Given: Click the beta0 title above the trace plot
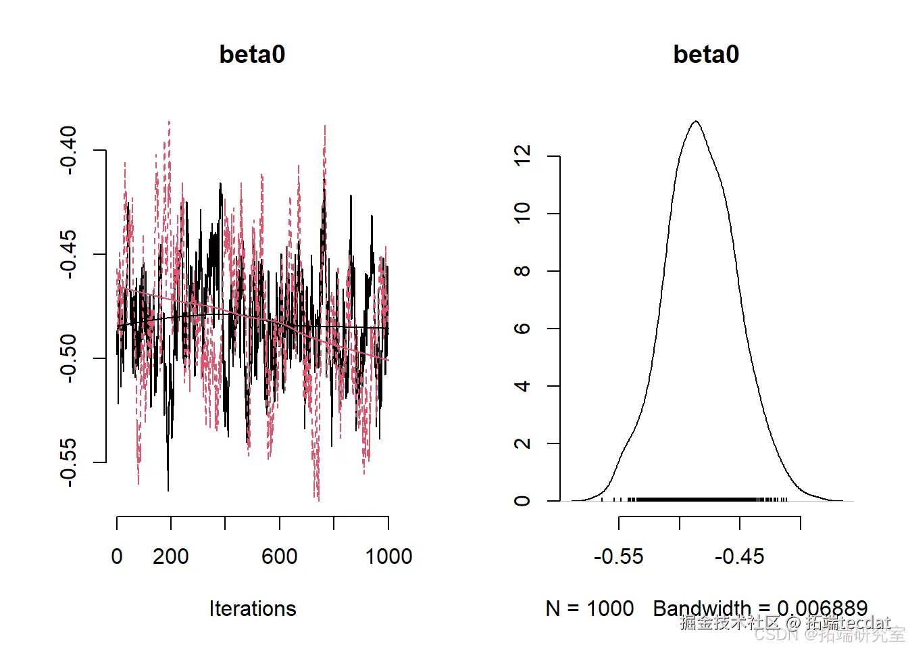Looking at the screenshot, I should pyautogui.click(x=252, y=54).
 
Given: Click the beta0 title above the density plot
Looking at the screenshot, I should pyautogui.click(x=706, y=54).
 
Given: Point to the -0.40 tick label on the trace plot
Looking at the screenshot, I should pyautogui.click(x=68, y=150).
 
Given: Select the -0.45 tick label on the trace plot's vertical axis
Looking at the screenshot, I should pyautogui.click(x=68, y=254).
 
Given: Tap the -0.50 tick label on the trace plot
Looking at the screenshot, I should pyautogui.click(x=68, y=358).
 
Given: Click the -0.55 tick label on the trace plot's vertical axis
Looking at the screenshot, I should pyautogui.click(x=68, y=462).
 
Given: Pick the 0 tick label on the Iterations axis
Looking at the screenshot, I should pyautogui.click(x=117, y=556).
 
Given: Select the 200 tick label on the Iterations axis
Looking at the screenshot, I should pyautogui.click(x=170, y=556).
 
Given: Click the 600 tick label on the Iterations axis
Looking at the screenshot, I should pyautogui.click(x=280, y=556).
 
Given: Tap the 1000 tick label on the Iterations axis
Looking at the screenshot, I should pyautogui.click(x=388, y=556).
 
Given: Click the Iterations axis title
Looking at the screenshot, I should pyautogui.click(x=253, y=608).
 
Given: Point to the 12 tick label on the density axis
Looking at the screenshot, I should pyautogui.click(x=522, y=156).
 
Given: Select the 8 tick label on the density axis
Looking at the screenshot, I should pyautogui.click(x=522, y=271).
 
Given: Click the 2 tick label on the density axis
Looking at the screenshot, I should pyautogui.click(x=522, y=443).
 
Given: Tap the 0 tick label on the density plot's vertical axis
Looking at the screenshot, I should pyautogui.click(x=522, y=501).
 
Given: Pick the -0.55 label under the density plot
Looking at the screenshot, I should pyautogui.click(x=619, y=556).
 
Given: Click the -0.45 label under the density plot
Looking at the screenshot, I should pyautogui.click(x=740, y=556).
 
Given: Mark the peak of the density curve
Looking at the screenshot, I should pyautogui.click(x=696, y=122).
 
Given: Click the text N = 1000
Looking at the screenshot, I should pyautogui.click(x=590, y=608).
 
